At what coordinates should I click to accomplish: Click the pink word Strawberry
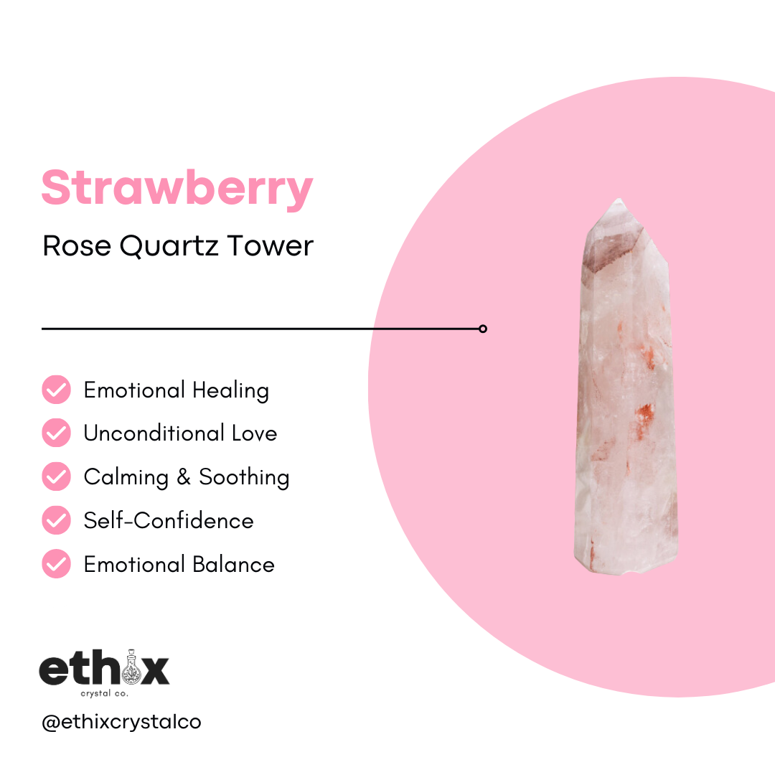(x=177, y=188)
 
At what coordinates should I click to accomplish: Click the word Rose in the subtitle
(x=77, y=246)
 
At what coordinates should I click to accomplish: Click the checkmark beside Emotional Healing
(x=56, y=390)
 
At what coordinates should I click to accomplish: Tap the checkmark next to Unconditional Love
(x=56, y=433)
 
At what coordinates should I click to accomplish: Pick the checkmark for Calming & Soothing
(x=56, y=477)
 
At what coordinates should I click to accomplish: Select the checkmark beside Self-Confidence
(x=56, y=520)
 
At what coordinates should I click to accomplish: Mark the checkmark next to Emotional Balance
(x=56, y=564)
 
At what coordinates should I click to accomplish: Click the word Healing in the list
(x=230, y=390)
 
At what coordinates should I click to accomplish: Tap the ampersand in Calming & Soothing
(x=184, y=477)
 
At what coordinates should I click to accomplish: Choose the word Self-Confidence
(x=169, y=520)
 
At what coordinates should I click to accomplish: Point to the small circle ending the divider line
(x=483, y=329)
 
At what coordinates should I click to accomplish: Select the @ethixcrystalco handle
(x=121, y=722)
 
